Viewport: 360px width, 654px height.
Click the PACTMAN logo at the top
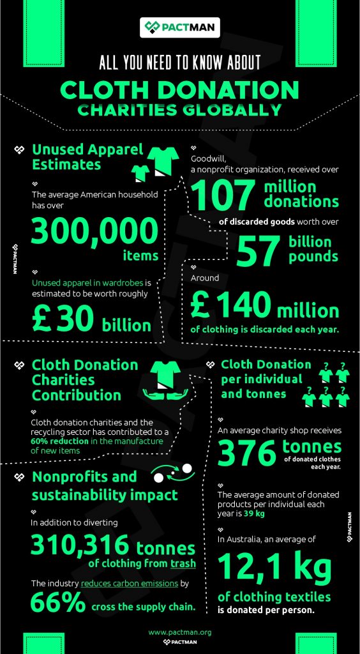[x=180, y=27]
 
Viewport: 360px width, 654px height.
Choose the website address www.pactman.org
[x=179, y=632]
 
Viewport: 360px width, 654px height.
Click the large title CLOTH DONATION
[x=179, y=89]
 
